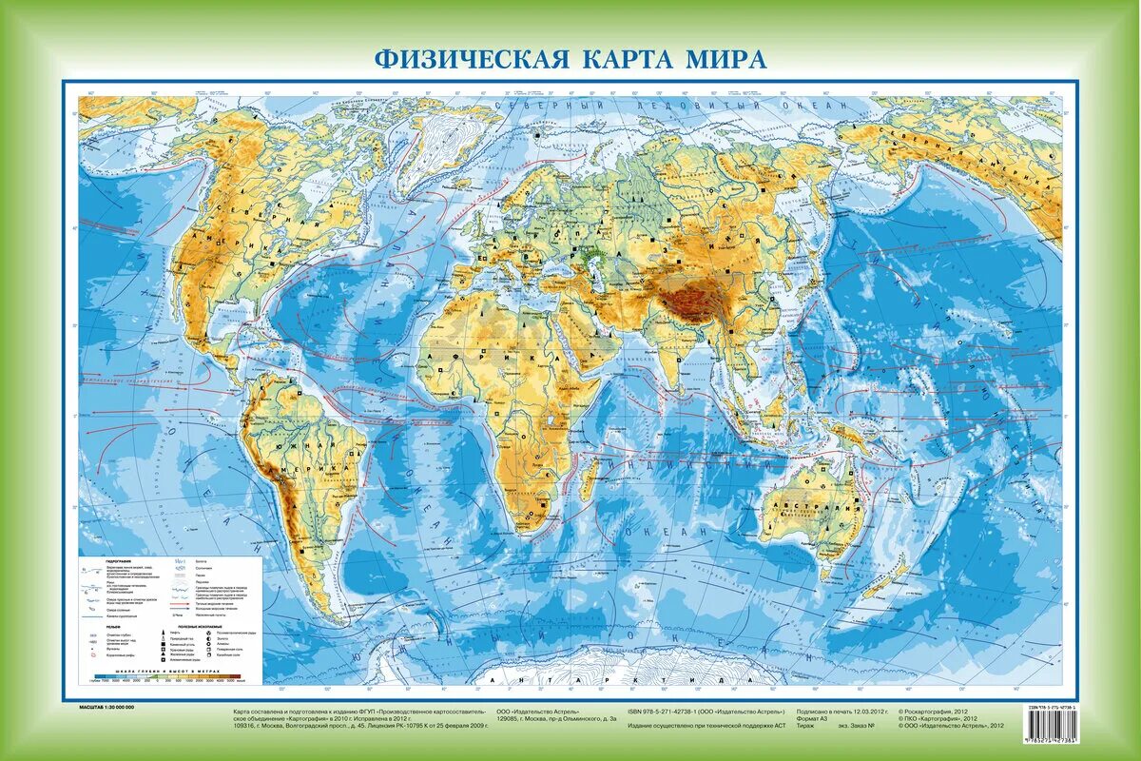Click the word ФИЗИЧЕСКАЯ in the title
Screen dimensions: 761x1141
point(464,59)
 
